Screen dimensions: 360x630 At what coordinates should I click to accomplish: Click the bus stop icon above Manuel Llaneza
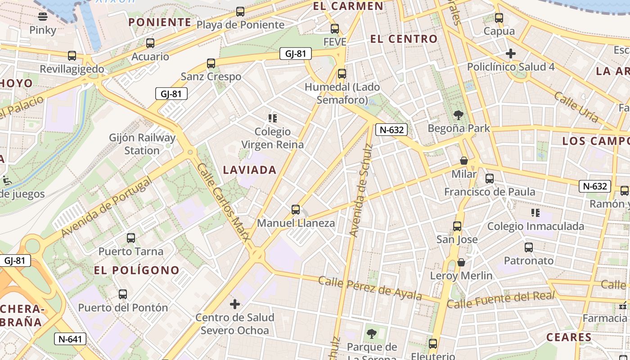[296, 210]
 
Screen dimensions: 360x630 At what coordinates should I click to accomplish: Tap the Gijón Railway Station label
[142, 144]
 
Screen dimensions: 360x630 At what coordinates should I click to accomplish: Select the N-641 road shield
[70, 339]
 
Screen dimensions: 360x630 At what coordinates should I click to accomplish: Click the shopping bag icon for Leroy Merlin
[461, 262]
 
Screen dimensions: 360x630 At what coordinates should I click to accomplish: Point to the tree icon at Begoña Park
[459, 115]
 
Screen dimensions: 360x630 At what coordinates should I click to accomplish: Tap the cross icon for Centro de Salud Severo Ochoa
[235, 304]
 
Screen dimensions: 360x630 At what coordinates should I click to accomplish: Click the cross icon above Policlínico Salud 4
[511, 54]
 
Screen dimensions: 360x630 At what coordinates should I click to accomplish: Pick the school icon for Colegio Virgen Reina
[272, 118]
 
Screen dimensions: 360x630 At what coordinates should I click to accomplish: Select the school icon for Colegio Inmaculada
[535, 212]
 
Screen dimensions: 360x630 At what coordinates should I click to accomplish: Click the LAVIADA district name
[250, 170]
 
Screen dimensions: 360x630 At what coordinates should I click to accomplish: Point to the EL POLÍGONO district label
[137, 270]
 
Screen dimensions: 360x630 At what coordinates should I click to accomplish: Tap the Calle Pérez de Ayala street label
[370, 288]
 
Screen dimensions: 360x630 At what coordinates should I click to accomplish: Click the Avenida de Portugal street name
[107, 207]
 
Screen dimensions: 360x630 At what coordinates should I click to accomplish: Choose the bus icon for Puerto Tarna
[131, 238]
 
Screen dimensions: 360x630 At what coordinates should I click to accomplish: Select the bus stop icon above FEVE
[335, 29]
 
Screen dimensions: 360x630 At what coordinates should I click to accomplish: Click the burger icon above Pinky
[43, 17]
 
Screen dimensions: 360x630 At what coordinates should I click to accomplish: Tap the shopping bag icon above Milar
[464, 161]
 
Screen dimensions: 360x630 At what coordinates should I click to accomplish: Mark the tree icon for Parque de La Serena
[372, 333]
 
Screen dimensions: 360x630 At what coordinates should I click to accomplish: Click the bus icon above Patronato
[529, 247]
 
